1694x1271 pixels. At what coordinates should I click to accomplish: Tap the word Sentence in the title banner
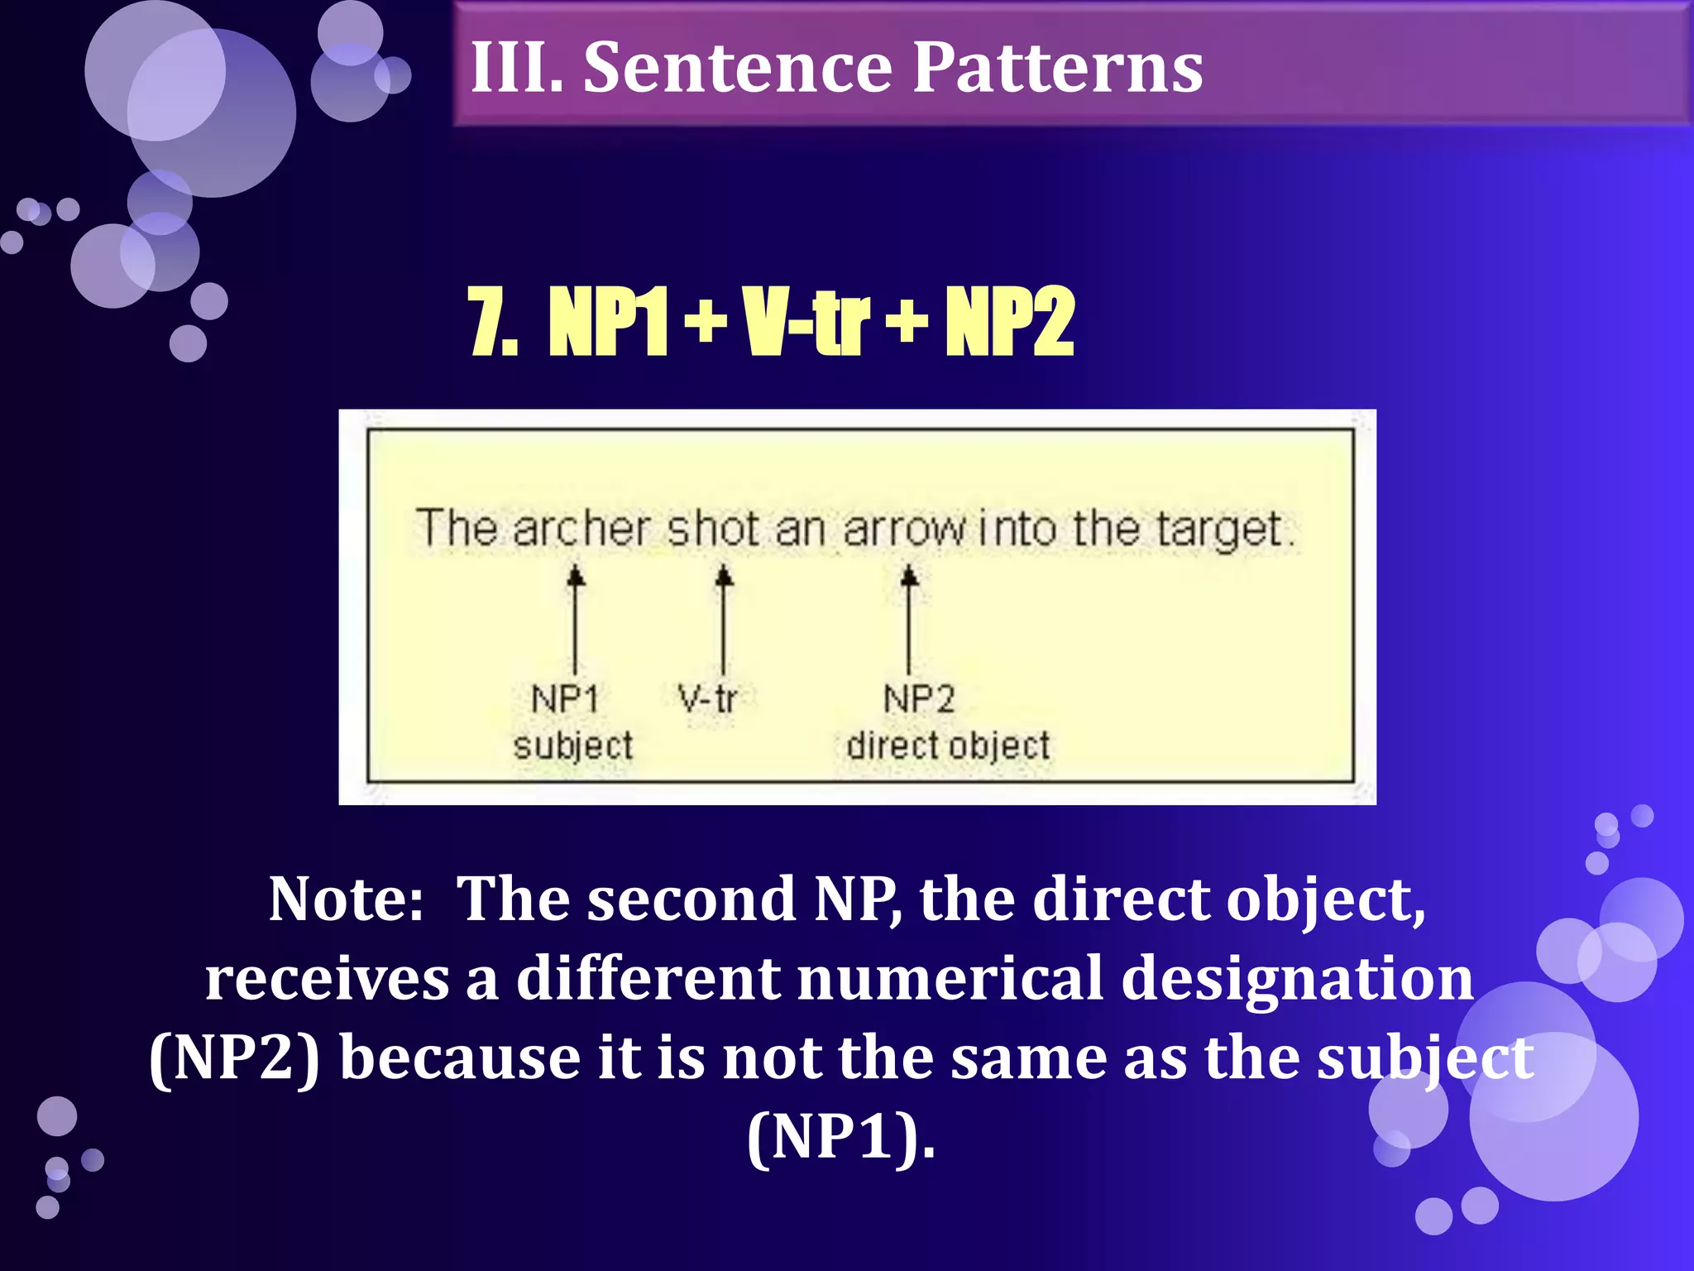pos(736,68)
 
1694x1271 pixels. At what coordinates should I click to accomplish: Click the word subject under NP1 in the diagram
pos(572,746)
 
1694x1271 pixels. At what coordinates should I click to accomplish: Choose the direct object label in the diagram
pos(948,746)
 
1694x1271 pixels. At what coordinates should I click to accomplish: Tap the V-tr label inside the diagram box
pos(707,699)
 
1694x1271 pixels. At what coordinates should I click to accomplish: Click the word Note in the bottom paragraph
pos(346,900)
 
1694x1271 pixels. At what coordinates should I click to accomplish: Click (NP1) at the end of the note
pos(841,1138)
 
